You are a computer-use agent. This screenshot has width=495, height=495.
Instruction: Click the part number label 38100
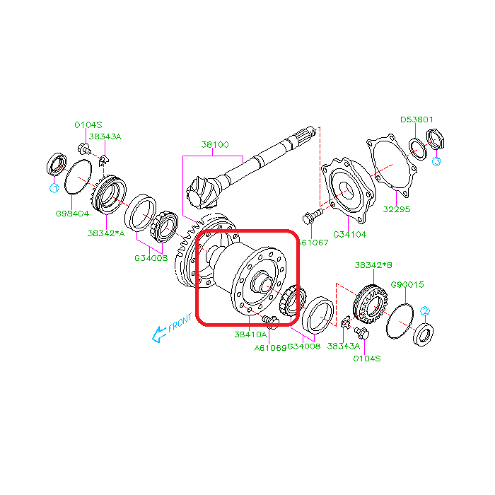point(215,144)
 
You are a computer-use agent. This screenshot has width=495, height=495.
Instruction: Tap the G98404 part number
point(71,212)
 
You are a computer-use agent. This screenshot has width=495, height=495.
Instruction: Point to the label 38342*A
point(106,233)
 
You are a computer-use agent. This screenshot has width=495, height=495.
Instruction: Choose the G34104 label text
point(350,233)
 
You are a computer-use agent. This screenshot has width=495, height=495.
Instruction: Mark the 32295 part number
point(397,209)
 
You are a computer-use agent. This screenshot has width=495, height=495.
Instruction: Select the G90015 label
point(407,284)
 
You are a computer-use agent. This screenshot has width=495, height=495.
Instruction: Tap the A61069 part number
point(270,347)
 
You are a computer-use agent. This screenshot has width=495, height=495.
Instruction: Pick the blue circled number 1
point(53,188)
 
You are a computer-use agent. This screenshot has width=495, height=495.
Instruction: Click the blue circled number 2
point(425,311)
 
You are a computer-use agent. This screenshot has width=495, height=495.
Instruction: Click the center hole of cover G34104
point(346,190)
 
